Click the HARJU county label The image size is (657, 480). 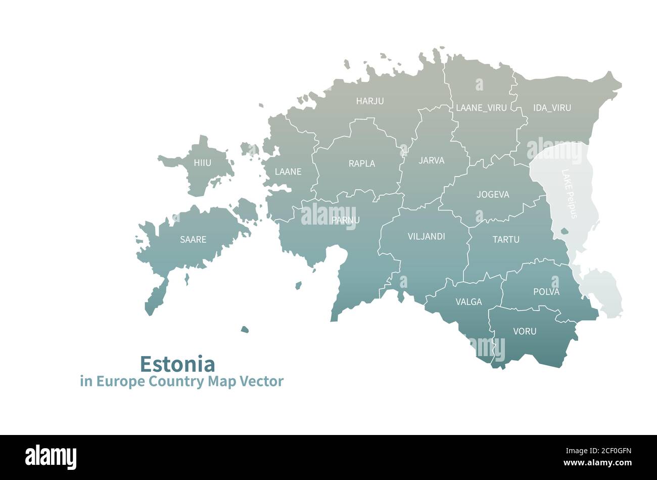pos(369,101)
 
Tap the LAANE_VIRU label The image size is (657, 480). pos(481,108)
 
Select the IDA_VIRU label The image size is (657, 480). pos(552,108)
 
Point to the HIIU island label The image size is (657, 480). pos(202,163)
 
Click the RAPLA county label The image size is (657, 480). pos(362,164)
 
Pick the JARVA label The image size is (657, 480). pos(432,161)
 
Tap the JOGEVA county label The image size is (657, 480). pos(493,195)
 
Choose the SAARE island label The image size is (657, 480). pos(193,240)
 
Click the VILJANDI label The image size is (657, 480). pos(426,236)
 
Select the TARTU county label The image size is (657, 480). pos(506,240)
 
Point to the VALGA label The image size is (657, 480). pos(468,302)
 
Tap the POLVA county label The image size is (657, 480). pos(546,292)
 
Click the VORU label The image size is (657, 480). pos(525,332)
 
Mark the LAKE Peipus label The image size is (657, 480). pos(569,194)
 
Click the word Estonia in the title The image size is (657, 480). pos(177,364)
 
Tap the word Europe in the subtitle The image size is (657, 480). pos(121,381)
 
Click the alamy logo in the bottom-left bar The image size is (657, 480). pos(51,457)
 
